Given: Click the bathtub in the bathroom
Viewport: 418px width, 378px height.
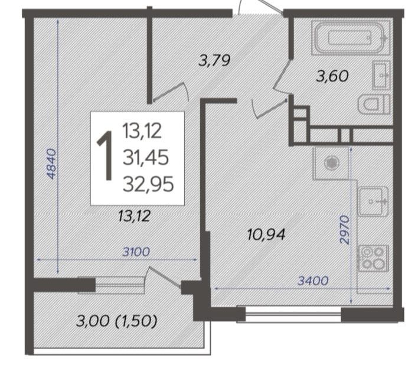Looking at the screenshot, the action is point(350,38).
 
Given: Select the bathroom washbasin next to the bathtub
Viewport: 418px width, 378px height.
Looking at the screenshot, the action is point(381,76).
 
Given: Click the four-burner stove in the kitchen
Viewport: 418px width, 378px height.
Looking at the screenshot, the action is point(373,258).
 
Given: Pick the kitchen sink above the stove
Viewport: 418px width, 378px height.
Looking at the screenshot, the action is point(373,201).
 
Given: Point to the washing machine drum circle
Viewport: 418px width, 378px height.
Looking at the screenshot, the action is point(331,162).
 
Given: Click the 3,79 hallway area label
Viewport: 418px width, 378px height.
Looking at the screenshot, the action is point(214,60).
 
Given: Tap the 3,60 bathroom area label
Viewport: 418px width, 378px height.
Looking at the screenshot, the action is point(332,76).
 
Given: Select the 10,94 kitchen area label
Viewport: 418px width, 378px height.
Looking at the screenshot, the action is point(266,234).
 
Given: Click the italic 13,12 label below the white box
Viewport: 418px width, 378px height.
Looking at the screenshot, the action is point(135,216).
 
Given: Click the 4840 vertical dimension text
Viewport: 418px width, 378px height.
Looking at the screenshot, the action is point(51,164).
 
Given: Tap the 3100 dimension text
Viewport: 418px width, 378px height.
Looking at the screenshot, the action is point(136,252).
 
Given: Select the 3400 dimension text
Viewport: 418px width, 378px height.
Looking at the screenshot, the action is point(313,281).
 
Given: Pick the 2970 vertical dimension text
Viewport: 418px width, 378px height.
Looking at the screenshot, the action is point(344,230).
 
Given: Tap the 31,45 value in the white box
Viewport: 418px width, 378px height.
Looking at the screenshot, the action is point(146,157).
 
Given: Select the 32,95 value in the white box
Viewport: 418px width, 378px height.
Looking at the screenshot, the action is point(148,184).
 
